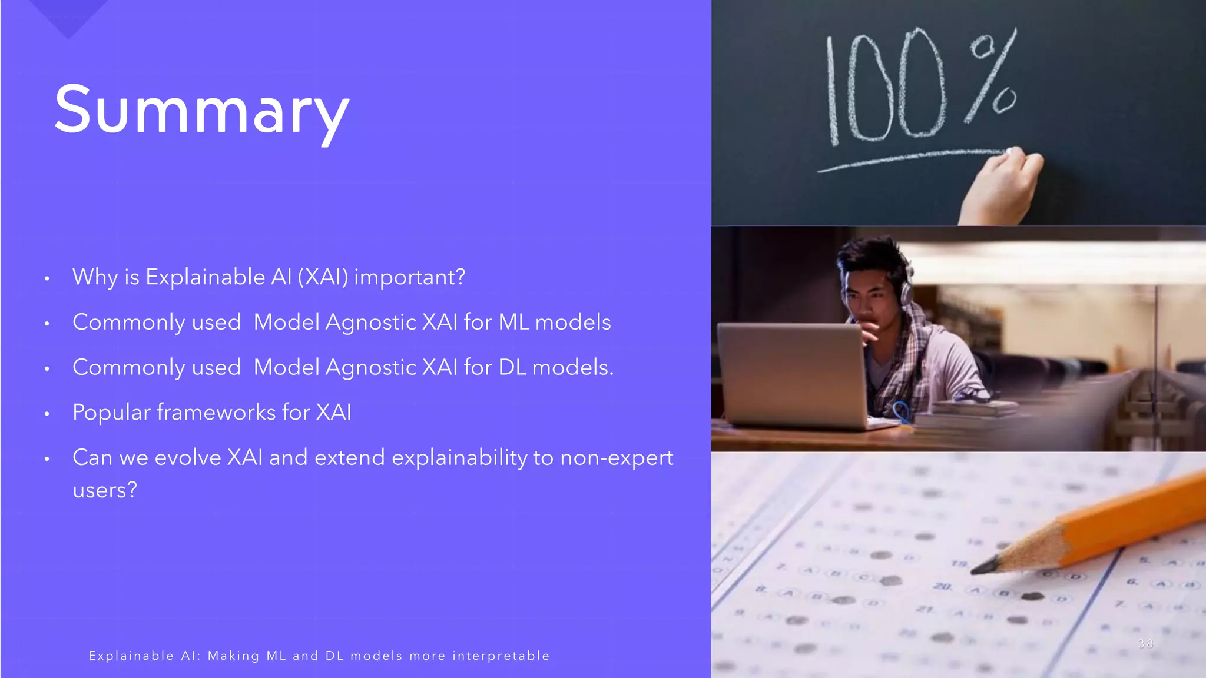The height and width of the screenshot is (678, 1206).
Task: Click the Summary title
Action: [202, 111]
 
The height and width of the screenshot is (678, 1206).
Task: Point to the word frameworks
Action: [216, 413]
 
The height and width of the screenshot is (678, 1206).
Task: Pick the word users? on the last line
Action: [105, 490]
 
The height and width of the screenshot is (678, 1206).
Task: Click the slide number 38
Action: [1145, 644]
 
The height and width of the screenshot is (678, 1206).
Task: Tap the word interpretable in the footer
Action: [501, 656]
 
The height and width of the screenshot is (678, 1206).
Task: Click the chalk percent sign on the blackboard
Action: [992, 77]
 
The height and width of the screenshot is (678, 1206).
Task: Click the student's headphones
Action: [906, 288]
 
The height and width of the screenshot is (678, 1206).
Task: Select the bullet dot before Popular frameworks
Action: [47, 414]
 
